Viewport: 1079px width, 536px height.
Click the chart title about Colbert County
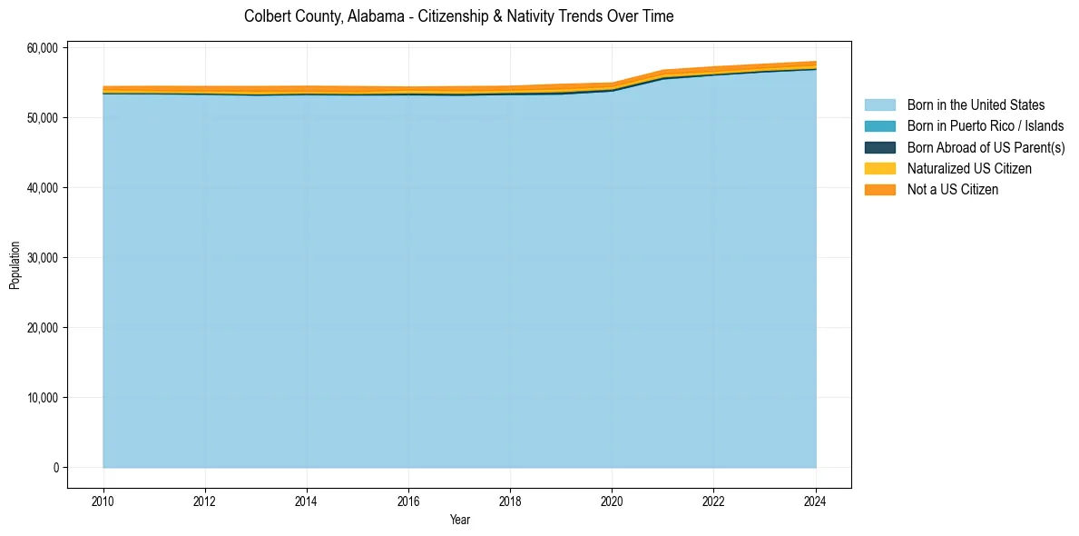pos(458,16)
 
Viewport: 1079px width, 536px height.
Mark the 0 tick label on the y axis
pos(55,468)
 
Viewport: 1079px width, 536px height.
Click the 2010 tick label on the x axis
pos(103,501)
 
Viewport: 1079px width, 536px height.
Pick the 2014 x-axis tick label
pos(307,501)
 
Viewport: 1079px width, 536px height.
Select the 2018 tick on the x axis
pos(510,501)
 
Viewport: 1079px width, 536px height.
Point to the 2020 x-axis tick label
pos(612,501)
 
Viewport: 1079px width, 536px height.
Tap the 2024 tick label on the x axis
pos(816,501)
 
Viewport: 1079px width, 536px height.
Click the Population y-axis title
pos(15,265)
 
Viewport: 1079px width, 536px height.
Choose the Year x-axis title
pos(459,520)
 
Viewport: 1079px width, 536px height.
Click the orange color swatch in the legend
pos(879,190)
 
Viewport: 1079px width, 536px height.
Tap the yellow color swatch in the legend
pos(879,169)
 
